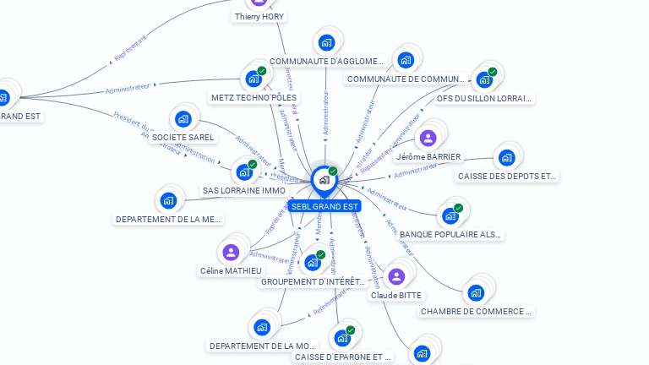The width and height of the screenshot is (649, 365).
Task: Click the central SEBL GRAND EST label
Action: [x=324, y=206]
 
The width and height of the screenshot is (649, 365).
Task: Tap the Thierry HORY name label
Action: [x=259, y=17]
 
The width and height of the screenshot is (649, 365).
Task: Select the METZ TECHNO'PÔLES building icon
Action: [x=253, y=79]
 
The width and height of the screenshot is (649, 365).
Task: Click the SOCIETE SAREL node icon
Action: [x=183, y=119]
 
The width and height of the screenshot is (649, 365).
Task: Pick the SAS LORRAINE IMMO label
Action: [x=243, y=190]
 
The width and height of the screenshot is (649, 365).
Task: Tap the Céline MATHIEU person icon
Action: [x=231, y=252]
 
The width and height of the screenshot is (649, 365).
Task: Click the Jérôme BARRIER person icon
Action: [x=428, y=138]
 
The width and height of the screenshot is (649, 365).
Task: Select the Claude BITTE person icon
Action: [x=396, y=276]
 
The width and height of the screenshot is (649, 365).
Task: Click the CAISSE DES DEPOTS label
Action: [x=507, y=177]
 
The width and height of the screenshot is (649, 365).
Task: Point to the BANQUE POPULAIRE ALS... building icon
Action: [x=450, y=215]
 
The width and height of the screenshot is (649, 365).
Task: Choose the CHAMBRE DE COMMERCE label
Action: [x=477, y=311]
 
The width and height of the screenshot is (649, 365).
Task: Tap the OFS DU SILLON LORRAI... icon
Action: [x=484, y=79]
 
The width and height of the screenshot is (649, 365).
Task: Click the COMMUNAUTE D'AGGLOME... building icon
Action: [x=326, y=42]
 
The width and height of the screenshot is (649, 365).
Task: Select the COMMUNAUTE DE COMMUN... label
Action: [x=406, y=79]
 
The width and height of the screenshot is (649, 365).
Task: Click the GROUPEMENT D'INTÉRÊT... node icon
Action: [x=313, y=262]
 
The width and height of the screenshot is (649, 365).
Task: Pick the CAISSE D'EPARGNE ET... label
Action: [x=342, y=357]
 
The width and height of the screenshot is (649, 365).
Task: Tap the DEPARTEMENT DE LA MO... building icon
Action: [x=262, y=327]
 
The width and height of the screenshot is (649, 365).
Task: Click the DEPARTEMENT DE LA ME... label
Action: [x=168, y=220]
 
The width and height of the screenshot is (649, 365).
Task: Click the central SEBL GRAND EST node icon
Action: [x=324, y=180]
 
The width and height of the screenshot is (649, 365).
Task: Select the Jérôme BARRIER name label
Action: [x=428, y=157]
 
